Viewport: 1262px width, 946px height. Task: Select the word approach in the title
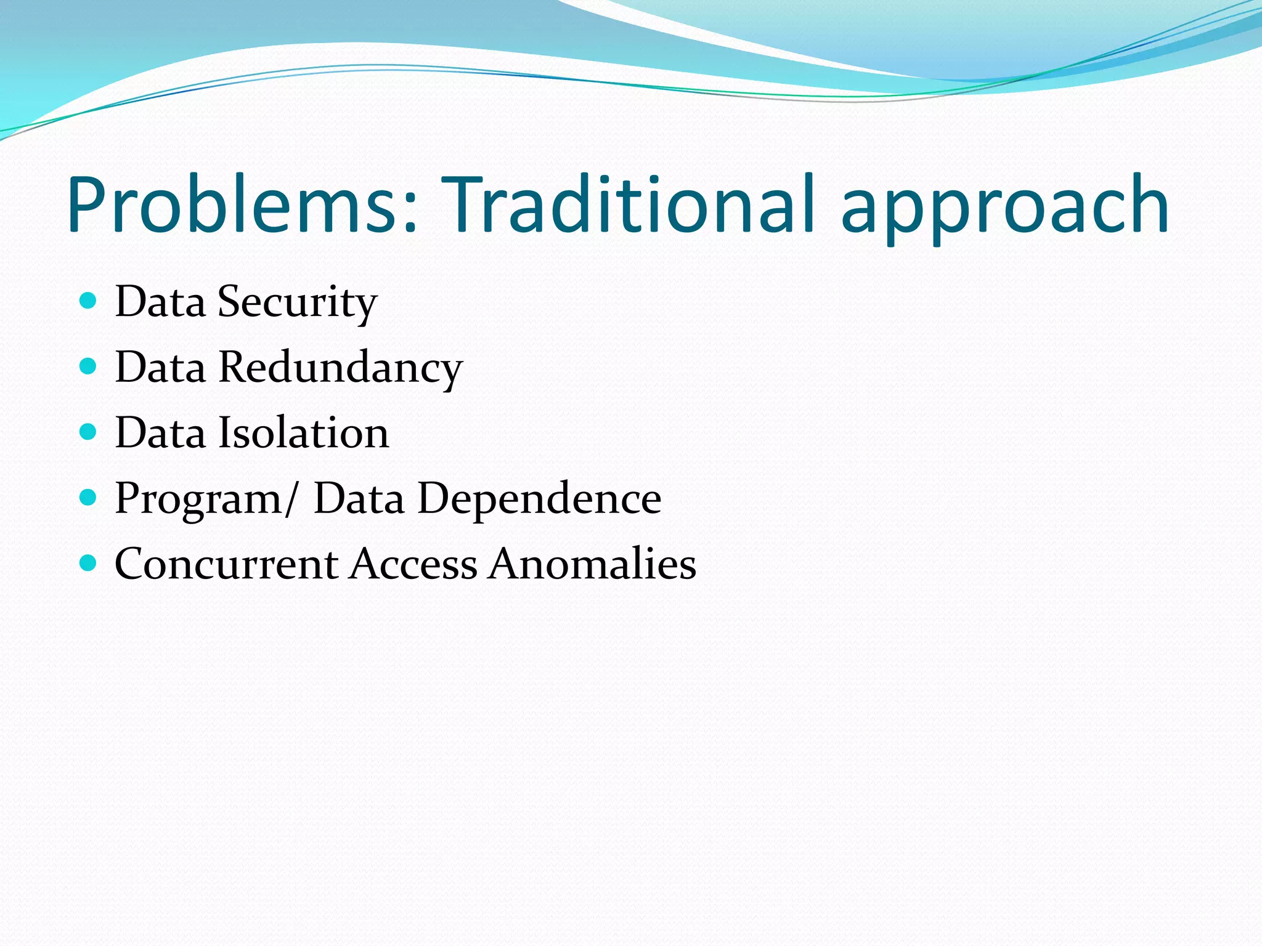click(x=1004, y=209)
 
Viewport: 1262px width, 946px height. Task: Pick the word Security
click(x=297, y=302)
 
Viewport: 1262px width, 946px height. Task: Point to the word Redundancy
click(x=340, y=368)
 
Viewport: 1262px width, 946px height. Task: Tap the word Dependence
click(x=539, y=498)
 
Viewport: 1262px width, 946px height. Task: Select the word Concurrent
click(x=226, y=564)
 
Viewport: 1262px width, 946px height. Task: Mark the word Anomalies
click(x=592, y=564)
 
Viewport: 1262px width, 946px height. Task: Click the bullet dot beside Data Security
click(x=89, y=301)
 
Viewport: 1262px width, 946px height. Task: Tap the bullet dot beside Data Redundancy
click(x=89, y=366)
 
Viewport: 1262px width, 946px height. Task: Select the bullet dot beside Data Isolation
click(x=89, y=432)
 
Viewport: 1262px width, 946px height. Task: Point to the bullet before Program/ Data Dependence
click(x=89, y=497)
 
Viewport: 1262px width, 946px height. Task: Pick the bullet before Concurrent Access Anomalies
click(x=89, y=563)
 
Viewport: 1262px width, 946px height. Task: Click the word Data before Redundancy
click(x=160, y=368)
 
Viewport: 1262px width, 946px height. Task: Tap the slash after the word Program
click(x=291, y=498)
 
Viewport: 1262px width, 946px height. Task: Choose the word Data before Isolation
click(x=160, y=433)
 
